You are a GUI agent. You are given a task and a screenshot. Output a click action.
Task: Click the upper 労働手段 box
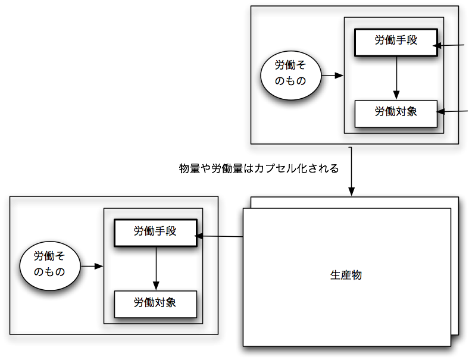click(396, 42)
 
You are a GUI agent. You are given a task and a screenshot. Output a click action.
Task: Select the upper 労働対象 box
click(396, 113)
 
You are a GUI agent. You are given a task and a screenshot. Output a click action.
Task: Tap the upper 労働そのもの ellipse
click(290, 77)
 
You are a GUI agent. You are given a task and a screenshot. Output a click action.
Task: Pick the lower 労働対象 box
click(155, 303)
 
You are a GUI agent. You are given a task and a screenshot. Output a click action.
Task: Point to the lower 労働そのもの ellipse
click(49, 266)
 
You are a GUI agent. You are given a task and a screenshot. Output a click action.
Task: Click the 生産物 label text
click(346, 276)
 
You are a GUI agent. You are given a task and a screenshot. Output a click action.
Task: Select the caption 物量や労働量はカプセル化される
click(259, 168)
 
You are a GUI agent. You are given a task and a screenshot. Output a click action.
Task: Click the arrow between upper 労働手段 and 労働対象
click(396, 77)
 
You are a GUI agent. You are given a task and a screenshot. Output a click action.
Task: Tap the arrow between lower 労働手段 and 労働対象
click(156, 268)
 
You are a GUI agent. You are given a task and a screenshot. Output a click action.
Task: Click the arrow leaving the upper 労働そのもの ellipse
click(332, 76)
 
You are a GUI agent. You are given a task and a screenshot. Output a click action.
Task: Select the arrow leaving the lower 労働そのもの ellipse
click(92, 266)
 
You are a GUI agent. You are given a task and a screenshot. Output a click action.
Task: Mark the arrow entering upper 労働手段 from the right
click(451, 45)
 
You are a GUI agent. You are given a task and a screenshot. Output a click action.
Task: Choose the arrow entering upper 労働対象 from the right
click(452, 111)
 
